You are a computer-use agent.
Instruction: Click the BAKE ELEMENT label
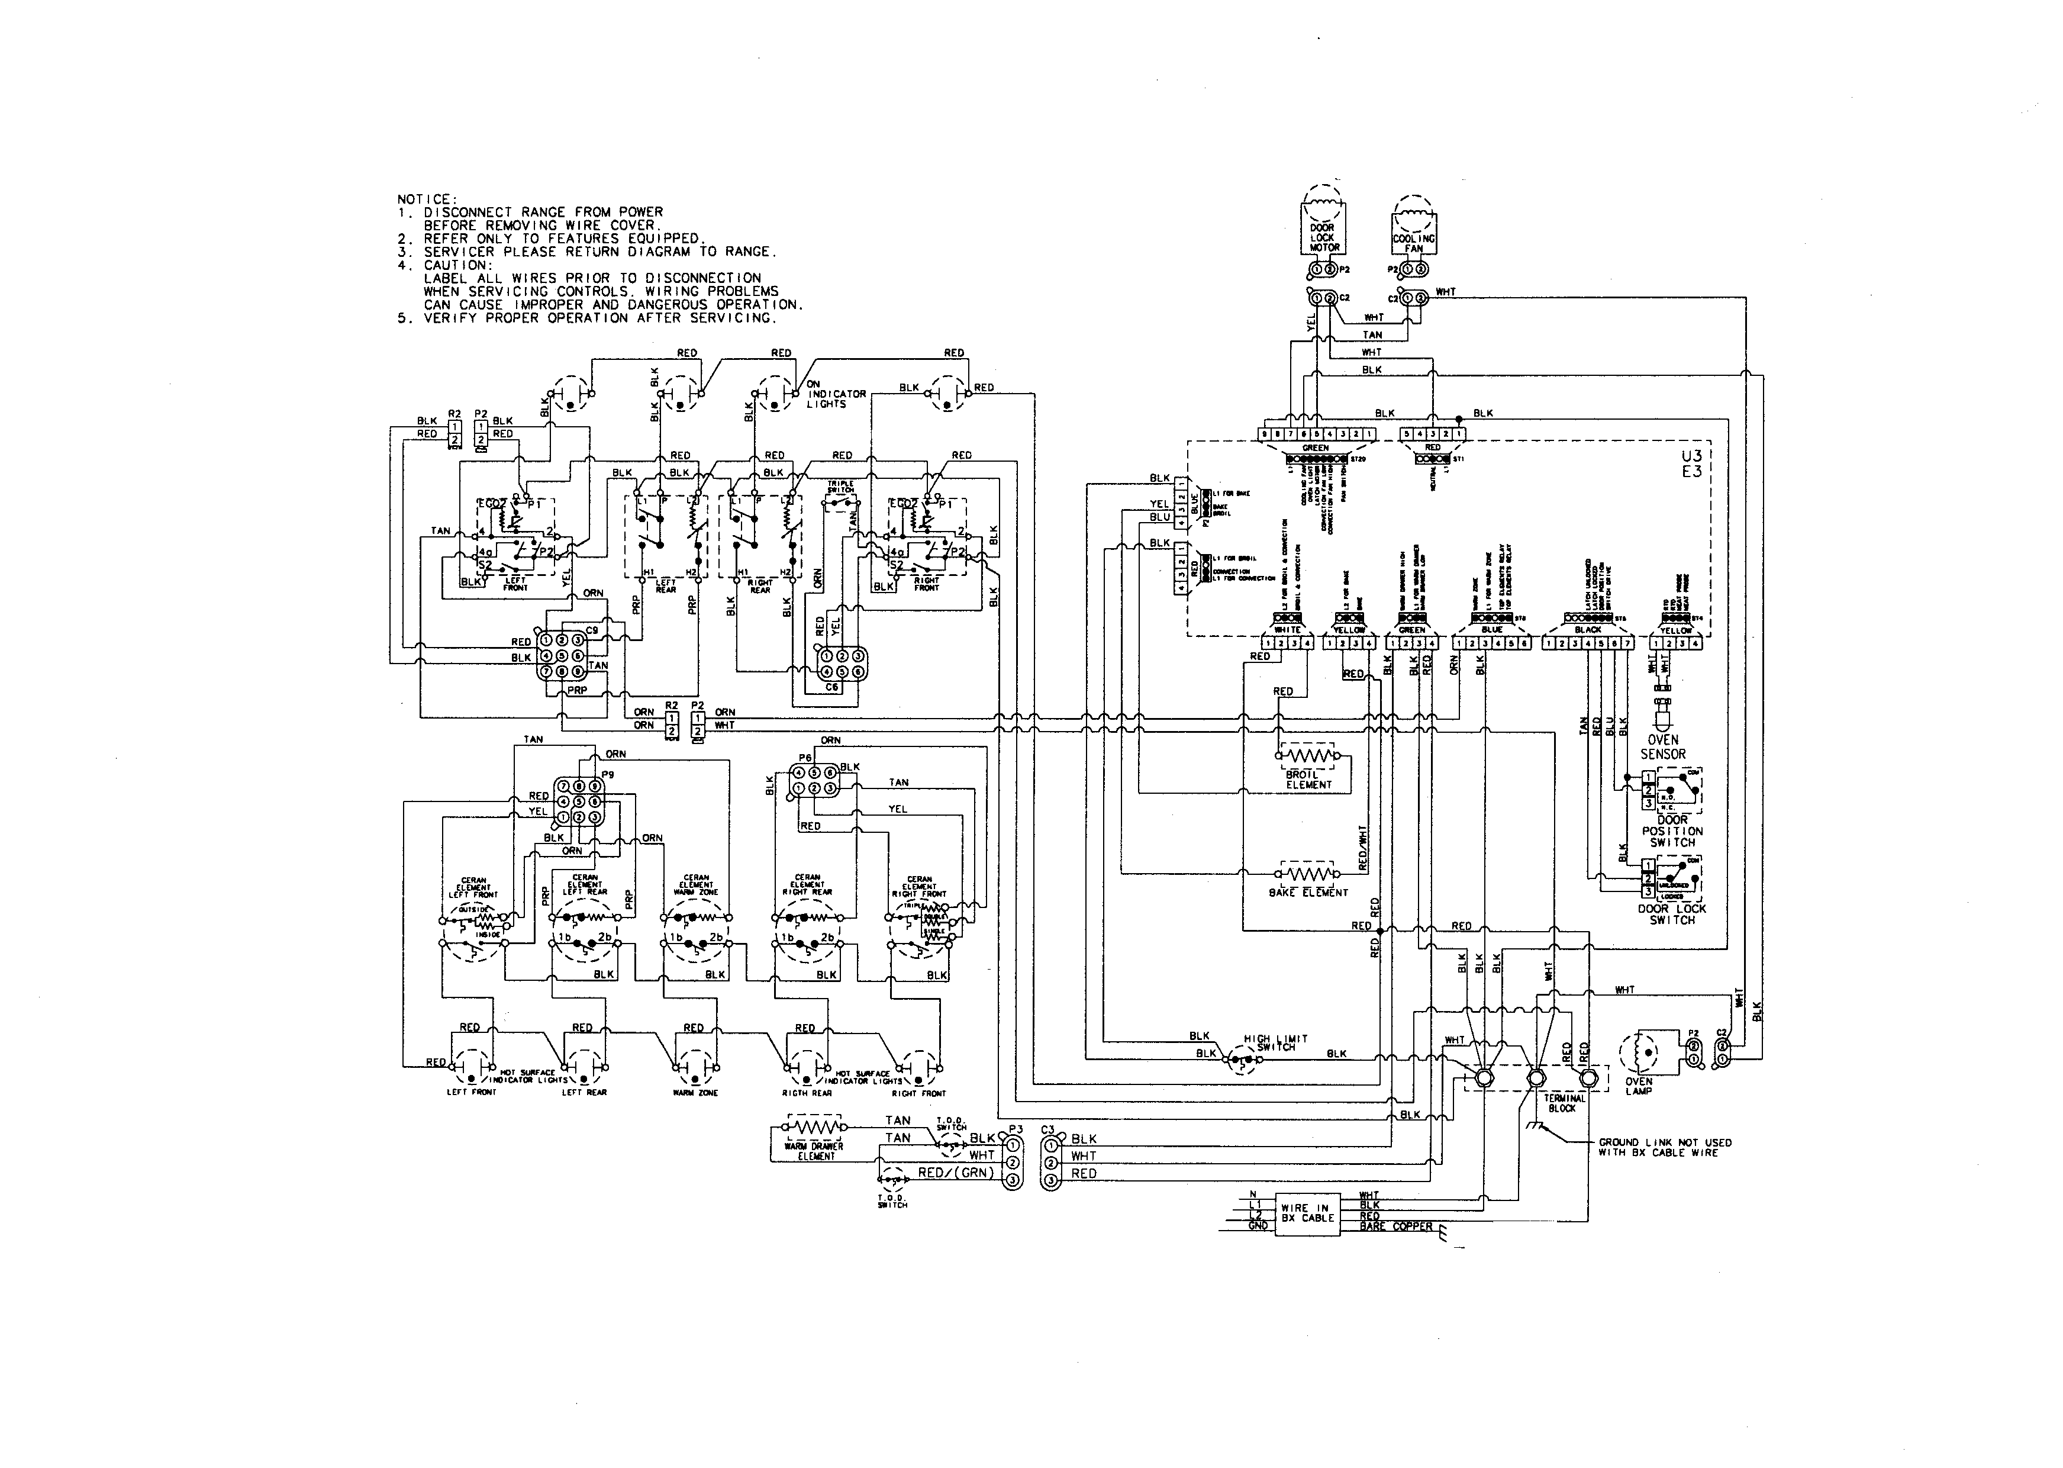pos(1307,892)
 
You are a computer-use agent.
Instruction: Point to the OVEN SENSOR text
pos(1663,746)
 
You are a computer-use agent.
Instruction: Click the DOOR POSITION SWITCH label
pos(1672,830)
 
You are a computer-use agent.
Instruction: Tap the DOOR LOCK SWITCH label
pos(1672,914)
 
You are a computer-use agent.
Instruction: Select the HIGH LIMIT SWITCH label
pos(1275,1042)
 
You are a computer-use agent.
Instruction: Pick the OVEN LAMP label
pos(1638,1086)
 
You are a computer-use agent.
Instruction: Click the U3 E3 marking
pos(1691,463)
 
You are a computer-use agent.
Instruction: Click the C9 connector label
pos(592,630)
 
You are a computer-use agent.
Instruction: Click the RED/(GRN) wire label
pos(955,1173)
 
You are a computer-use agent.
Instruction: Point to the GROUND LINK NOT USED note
pos(1665,1147)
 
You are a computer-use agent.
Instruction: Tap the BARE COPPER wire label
pos(1395,1226)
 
